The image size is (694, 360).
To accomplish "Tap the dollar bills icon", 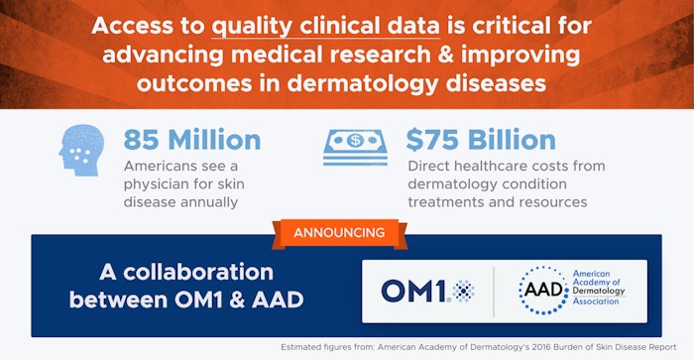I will [355, 148].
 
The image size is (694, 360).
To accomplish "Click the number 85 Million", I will [192, 140].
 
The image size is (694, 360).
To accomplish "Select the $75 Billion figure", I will [479, 140].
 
